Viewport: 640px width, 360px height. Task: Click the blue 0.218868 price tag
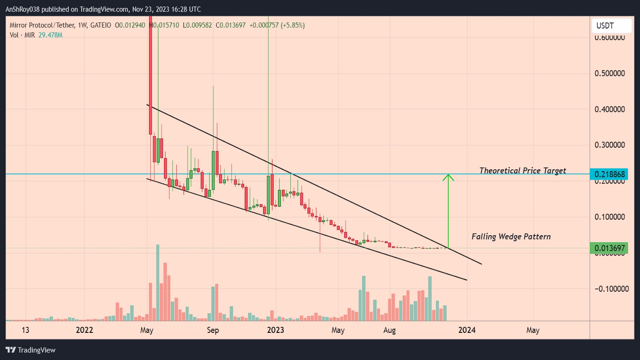[609, 174]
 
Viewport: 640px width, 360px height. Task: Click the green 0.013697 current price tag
[609, 248]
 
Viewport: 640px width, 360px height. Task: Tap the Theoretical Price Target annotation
[522, 171]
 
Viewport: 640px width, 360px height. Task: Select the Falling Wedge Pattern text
[511, 237]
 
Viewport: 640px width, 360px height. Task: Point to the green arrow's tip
[448, 175]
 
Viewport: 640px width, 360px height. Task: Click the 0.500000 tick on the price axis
[609, 74]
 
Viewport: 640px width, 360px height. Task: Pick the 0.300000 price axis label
[609, 145]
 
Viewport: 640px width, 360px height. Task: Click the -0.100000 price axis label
[611, 289]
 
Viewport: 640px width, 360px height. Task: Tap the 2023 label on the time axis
[275, 330]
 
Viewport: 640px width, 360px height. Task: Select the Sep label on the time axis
[213, 330]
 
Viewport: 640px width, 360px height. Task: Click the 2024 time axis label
[467, 330]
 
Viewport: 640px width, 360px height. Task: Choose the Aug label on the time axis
[389, 330]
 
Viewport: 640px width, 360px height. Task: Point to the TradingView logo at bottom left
[30, 350]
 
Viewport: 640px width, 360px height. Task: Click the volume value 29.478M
[50, 35]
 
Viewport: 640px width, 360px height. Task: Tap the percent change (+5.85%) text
[292, 25]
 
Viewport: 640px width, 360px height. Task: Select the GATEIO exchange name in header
[100, 25]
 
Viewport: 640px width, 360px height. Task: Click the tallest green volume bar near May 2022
[158, 282]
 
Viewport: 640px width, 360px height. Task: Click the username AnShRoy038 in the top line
[22, 9]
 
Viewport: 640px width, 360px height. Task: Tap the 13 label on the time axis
[25, 330]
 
